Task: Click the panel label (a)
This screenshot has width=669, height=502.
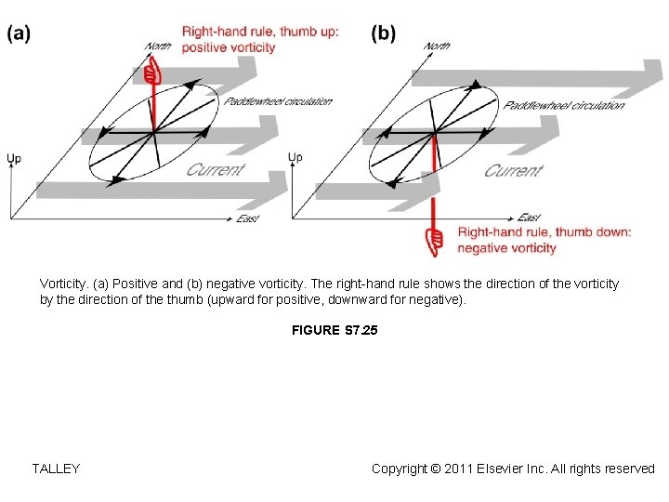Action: click(x=20, y=33)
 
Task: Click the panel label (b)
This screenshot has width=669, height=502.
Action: click(x=383, y=33)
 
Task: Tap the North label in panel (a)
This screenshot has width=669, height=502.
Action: click(x=159, y=46)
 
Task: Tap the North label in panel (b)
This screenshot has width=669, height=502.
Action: click(x=438, y=46)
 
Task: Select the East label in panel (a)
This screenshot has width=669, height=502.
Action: click(x=247, y=218)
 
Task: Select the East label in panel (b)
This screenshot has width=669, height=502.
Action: click(x=529, y=218)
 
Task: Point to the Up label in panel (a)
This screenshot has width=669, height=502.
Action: click(x=14, y=159)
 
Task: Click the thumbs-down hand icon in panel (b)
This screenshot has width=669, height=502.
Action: click(x=433, y=242)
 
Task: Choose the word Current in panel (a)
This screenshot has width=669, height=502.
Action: click(x=216, y=169)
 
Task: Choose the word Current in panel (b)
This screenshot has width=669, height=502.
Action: click(x=512, y=170)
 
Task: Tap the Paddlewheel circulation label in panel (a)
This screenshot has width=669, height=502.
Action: click(x=278, y=101)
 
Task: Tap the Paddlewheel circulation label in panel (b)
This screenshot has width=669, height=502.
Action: click(x=564, y=105)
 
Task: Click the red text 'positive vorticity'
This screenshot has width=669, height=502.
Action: click(x=229, y=47)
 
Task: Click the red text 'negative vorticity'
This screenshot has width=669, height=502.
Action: click(x=506, y=248)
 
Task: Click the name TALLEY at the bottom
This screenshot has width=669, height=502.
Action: click(x=56, y=469)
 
